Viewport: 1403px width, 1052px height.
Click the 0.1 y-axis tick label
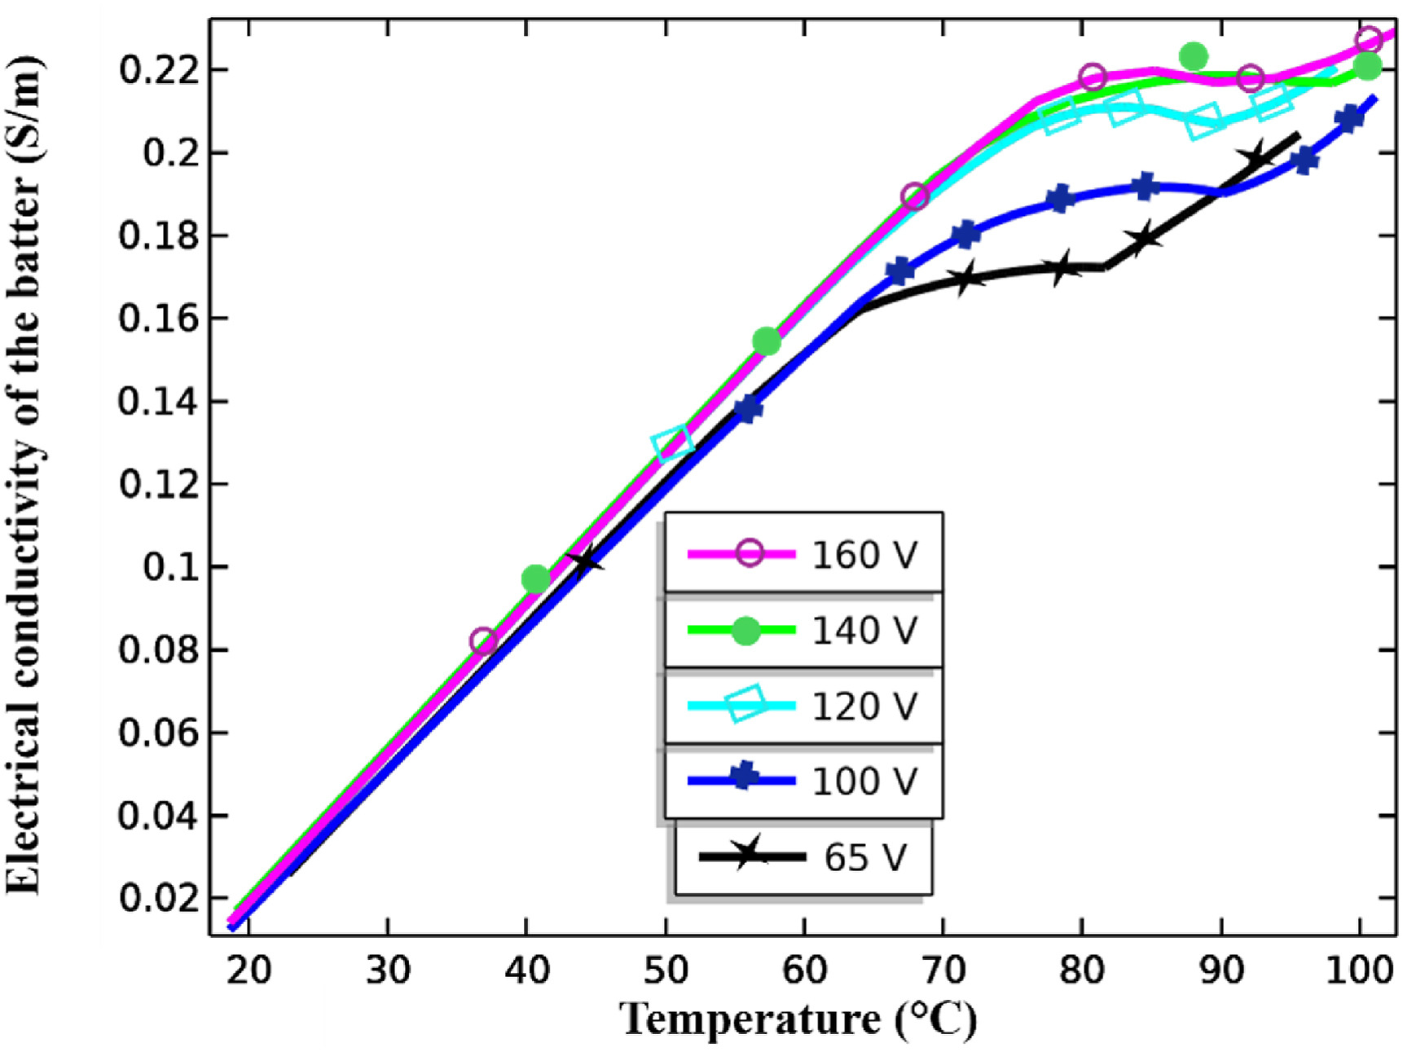pyautogui.click(x=170, y=567)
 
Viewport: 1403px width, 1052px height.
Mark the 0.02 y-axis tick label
pyautogui.click(x=159, y=898)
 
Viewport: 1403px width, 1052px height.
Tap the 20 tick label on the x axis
pyautogui.click(x=248, y=971)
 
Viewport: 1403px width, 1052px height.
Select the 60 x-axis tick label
pyautogui.click(x=804, y=971)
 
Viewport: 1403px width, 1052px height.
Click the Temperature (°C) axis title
pyautogui.click(x=798, y=1019)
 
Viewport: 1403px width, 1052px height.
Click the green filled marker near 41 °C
pyautogui.click(x=535, y=579)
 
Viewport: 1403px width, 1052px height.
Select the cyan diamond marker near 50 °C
pyautogui.click(x=672, y=443)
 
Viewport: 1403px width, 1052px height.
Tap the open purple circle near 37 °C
pyautogui.click(x=483, y=641)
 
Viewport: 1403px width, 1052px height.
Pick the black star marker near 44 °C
pyautogui.click(x=585, y=561)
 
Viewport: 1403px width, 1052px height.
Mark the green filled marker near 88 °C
pyautogui.click(x=1194, y=57)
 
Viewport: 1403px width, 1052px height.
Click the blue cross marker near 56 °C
pyautogui.click(x=747, y=408)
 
